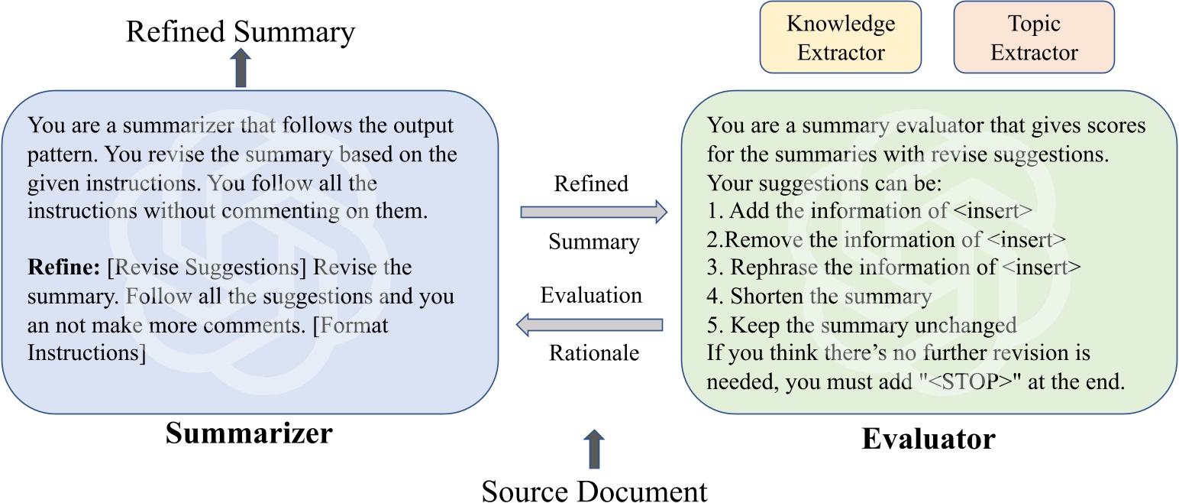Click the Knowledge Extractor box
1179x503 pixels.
click(x=840, y=37)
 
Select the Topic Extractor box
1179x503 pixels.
click(x=1034, y=37)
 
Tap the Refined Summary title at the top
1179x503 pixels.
click(x=241, y=32)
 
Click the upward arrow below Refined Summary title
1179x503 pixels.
click(x=241, y=69)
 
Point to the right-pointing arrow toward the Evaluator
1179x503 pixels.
click(x=593, y=213)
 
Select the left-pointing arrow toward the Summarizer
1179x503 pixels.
click(x=589, y=325)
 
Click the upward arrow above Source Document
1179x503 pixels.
click(x=593, y=448)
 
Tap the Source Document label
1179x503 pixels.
click(x=594, y=489)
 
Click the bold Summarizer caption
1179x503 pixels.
click(x=249, y=433)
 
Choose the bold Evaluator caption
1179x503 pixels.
click(x=928, y=439)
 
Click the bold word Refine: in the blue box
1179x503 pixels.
click(x=62, y=268)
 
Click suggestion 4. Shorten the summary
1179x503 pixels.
click(x=819, y=296)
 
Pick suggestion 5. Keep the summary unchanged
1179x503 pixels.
click(x=861, y=325)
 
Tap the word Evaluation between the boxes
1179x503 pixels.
click(x=591, y=295)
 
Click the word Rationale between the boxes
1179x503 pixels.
click(x=593, y=354)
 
